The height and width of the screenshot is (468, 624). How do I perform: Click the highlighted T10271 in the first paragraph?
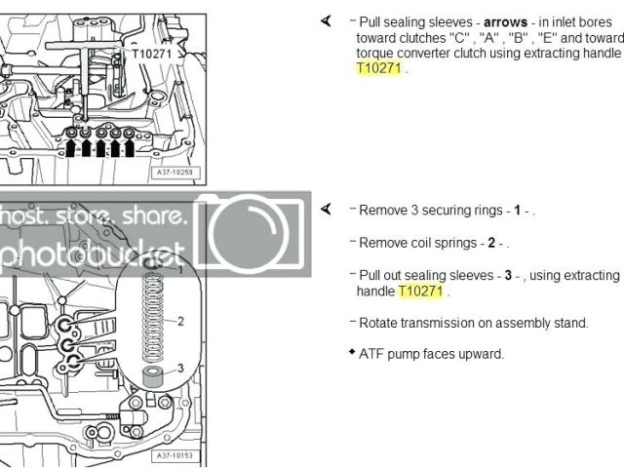(x=377, y=68)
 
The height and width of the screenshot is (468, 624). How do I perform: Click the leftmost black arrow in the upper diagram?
(x=70, y=149)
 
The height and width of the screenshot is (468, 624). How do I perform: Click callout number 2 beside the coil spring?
(x=179, y=320)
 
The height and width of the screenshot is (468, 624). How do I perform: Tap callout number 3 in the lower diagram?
(x=179, y=368)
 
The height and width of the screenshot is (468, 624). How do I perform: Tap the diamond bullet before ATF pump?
(x=351, y=351)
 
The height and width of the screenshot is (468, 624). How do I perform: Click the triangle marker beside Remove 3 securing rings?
(x=326, y=209)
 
